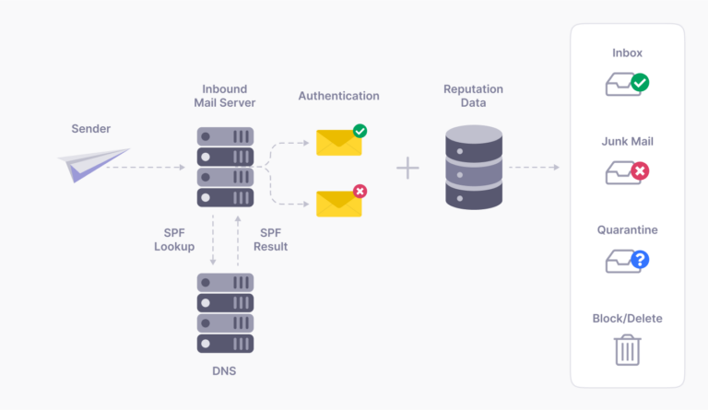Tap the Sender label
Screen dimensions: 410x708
tap(91, 128)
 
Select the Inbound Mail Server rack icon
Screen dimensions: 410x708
tap(225, 167)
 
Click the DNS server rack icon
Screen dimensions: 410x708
tap(225, 312)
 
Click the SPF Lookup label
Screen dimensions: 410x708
tap(174, 240)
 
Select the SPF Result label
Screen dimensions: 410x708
tap(272, 240)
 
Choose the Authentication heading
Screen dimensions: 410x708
tap(338, 96)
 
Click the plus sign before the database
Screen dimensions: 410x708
tap(407, 168)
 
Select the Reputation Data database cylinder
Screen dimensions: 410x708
tap(474, 168)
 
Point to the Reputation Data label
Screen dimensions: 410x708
tap(474, 96)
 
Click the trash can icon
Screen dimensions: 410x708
tap(627, 349)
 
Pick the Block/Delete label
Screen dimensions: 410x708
tap(627, 319)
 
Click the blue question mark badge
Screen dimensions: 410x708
tap(639, 260)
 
